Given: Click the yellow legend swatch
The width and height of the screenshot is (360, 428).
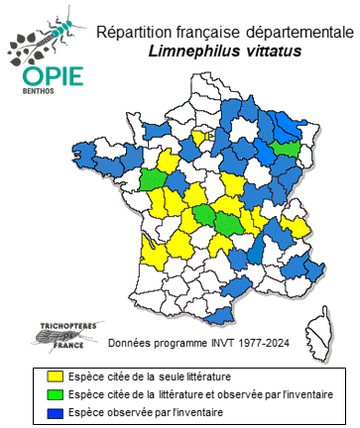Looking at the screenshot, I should click(42, 376).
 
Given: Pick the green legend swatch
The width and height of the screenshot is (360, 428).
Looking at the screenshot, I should click(42, 393).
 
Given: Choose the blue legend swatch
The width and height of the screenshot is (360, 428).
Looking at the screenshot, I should click(42, 410).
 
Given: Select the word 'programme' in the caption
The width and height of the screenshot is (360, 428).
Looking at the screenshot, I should click(180, 343).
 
